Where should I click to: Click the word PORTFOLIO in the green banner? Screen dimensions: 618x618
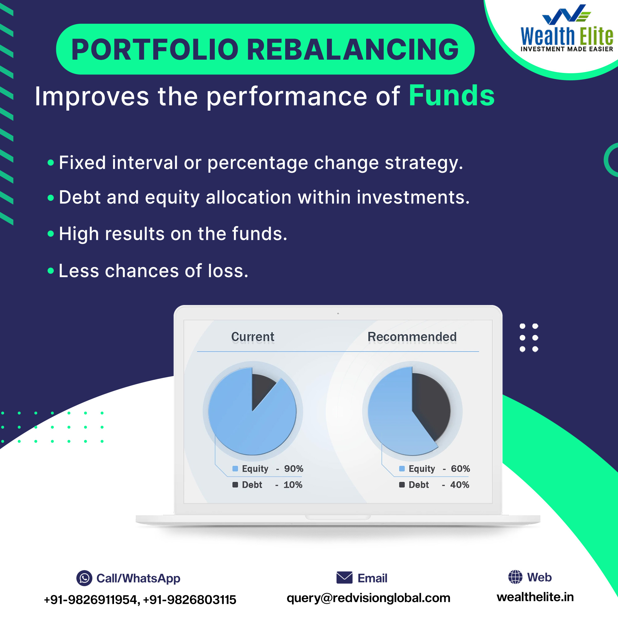tap(155, 49)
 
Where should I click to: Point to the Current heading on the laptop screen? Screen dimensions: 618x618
tap(253, 337)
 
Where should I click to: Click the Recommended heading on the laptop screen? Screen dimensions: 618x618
tap(412, 337)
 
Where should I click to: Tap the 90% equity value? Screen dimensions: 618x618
tap(294, 469)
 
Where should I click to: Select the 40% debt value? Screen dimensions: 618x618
tap(460, 485)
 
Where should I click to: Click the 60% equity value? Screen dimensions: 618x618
tap(460, 469)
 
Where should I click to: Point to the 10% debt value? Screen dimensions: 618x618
tap(293, 485)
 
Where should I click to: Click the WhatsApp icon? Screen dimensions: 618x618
tap(84, 578)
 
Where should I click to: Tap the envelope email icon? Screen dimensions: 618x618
tap(345, 578)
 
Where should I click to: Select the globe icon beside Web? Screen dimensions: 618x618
tap(515, 577)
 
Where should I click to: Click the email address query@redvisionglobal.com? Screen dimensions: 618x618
tap(369, 598)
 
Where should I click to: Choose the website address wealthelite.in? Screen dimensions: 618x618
tap(535, 597)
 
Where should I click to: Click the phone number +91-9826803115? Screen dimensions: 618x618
tap(189, 600)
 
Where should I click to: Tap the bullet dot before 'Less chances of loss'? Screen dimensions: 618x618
tap(51, 271)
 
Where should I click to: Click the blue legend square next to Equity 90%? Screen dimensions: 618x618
tap(235, 469)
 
